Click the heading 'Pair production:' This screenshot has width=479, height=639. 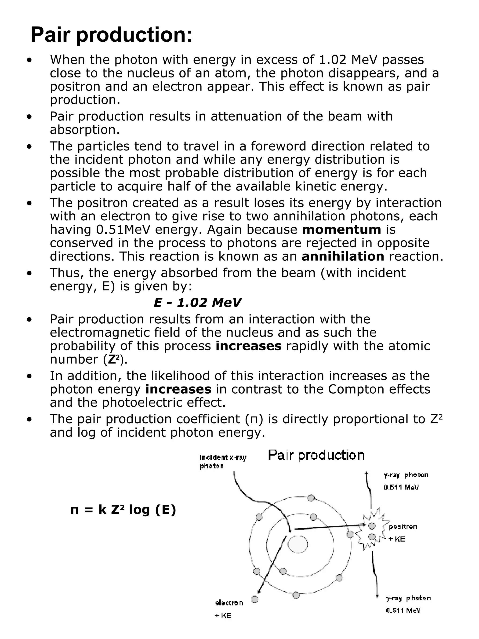111,35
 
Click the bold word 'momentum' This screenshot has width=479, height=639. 341,230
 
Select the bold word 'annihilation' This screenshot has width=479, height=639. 343,256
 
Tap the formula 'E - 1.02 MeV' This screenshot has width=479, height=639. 197,303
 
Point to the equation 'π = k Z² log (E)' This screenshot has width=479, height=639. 123,510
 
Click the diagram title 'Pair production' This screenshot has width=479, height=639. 316,455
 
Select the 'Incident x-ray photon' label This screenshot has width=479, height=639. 223,462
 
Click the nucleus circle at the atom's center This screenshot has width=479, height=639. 298,544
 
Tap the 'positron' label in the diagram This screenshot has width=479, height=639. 403,527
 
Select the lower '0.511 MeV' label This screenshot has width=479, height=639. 403,610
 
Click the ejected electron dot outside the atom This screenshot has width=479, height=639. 255,599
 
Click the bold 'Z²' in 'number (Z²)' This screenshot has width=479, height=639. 114,359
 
